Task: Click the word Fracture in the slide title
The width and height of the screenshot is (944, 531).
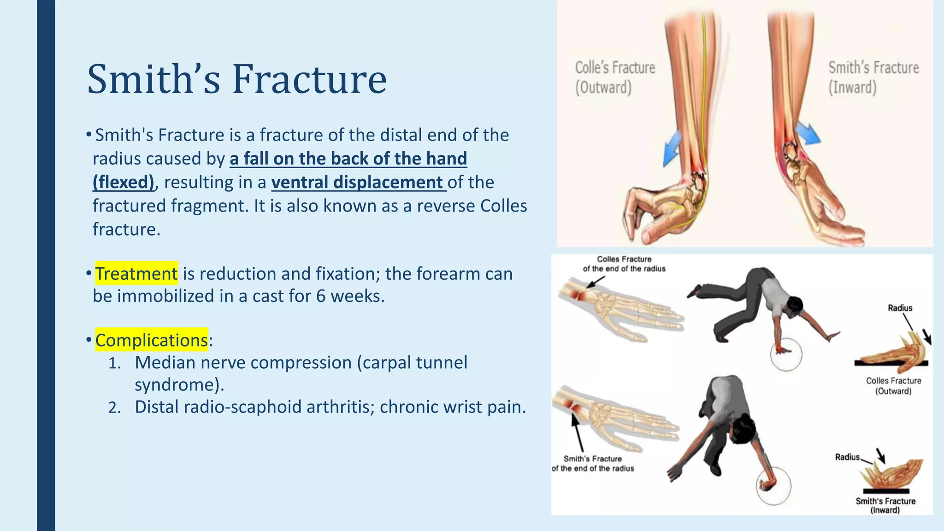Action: (x=309, y=79)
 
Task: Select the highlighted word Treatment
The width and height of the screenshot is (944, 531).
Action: (x=136, y=273)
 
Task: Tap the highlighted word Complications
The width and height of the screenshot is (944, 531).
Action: (x=151, y=340)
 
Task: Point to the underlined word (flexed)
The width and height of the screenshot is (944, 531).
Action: (x=123, y=182)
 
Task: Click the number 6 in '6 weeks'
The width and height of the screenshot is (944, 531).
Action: (x=321, y=296)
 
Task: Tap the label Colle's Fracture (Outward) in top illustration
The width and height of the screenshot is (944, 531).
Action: (x=615, y=77)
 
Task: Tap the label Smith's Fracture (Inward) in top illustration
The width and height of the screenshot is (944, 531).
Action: (x=873, y=77)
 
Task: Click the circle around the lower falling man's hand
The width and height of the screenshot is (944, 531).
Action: (x=774, y=485)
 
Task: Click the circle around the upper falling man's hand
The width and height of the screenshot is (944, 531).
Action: (x=785, y=354)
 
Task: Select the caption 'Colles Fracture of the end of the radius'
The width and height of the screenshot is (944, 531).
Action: (x=624, y=264)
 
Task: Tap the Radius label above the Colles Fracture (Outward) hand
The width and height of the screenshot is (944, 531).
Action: (x=900, y=308)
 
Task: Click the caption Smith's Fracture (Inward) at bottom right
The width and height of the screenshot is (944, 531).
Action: (x=885, y=505)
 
